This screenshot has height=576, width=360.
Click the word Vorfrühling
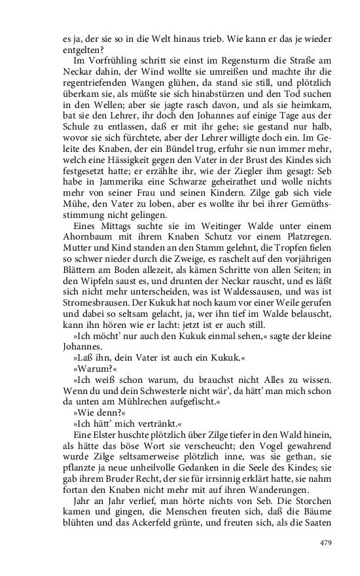(96, 59)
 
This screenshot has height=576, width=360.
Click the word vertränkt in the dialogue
(135, 428)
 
